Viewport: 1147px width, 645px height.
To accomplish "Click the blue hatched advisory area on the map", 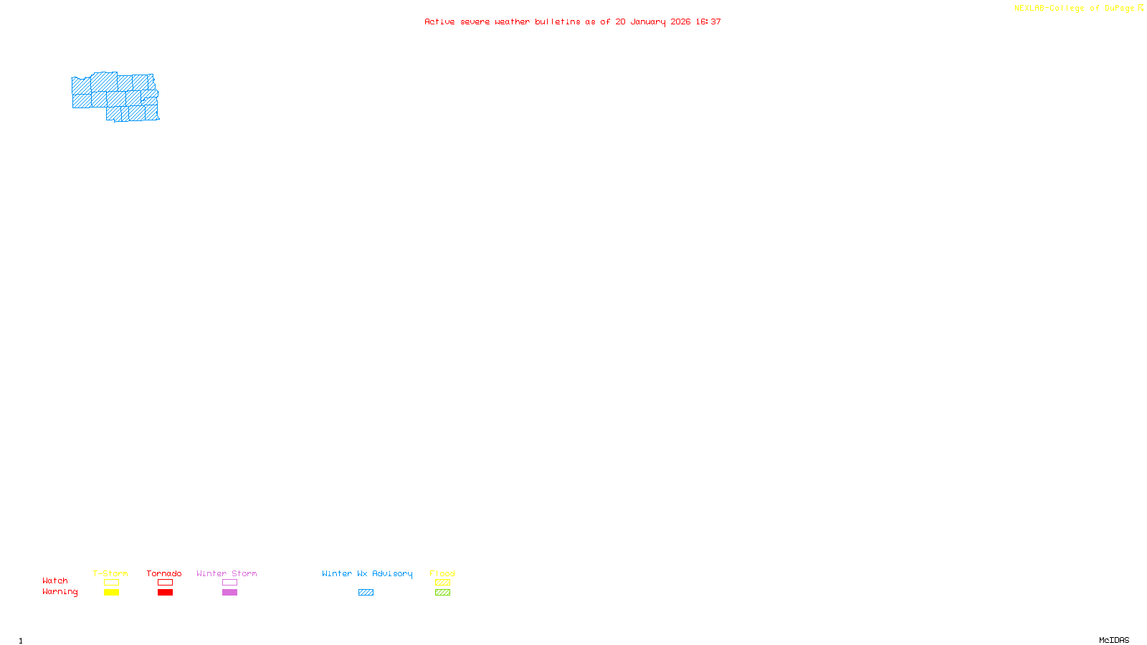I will point(115,97).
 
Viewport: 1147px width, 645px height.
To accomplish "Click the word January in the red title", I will point(647,21).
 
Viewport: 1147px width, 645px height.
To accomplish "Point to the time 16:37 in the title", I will point(708,21).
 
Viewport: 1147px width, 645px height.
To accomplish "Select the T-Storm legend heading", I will point(110,573).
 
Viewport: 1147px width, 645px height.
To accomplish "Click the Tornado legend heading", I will point(164,573).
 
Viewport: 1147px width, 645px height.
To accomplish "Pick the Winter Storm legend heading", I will point(227,573).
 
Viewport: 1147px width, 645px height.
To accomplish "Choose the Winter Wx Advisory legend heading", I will point(367,573).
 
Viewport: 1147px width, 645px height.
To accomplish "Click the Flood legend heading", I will point(442,573).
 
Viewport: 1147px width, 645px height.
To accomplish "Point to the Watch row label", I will point(55,580).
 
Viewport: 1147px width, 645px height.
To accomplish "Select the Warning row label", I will point(60,592).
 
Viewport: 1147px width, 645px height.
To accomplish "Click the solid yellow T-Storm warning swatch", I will point(111,593).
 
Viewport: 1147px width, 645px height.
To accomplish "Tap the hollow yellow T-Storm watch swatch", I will point(111,583).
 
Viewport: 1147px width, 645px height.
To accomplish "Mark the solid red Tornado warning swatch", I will point(165,593).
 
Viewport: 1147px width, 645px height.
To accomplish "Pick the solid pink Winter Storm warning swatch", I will point(229,593).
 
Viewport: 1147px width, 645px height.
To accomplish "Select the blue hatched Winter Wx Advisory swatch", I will point(366,593).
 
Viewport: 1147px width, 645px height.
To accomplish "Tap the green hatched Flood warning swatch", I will point(442,593).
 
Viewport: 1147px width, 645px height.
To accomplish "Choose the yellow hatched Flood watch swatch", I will point(442,583).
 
